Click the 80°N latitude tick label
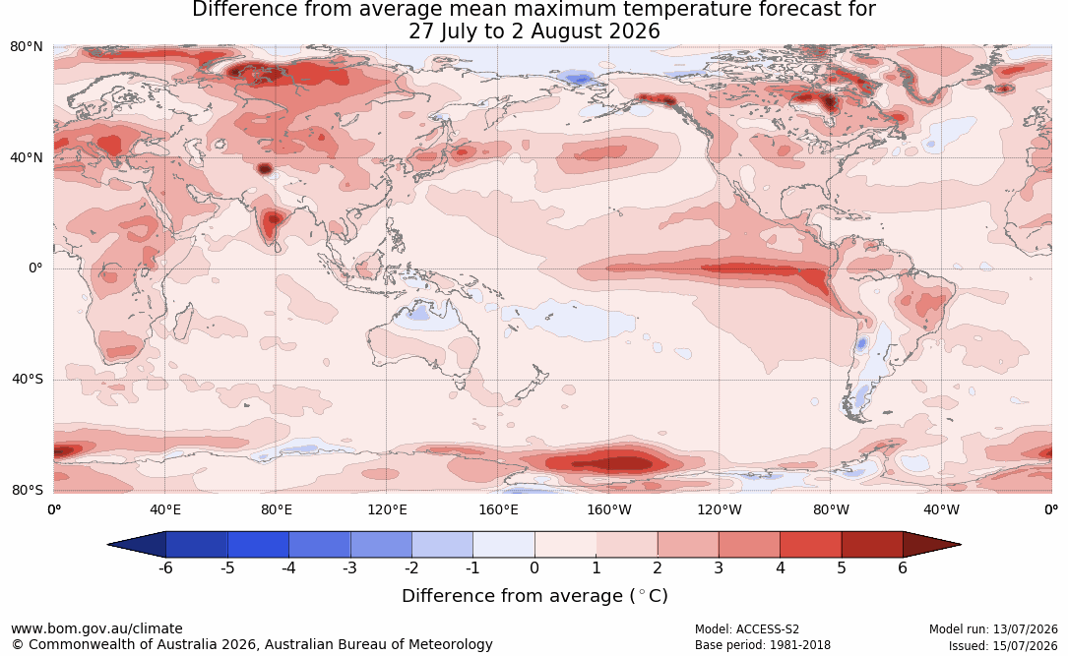click(26, 46)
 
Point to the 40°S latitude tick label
click(27, 379)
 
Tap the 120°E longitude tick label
click(387, 509)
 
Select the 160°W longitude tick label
click(609, 509)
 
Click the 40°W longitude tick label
click(941, 509)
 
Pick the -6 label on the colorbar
click(165, 567)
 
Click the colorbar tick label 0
click(534, 567)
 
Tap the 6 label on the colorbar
click(903, 567)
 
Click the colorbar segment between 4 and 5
click(810, 545)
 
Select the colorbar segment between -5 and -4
click(258, 545)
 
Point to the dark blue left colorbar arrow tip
click(108, 545)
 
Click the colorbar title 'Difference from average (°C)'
click(534, 596)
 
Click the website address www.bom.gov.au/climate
click(96, 628)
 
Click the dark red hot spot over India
click(273, 219)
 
